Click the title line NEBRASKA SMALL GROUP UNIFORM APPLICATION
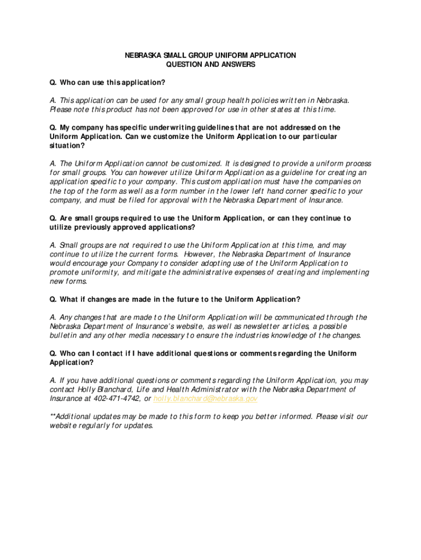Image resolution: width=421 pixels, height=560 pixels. click(210, 55)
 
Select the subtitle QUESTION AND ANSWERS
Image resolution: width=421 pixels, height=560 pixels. click(210, 65)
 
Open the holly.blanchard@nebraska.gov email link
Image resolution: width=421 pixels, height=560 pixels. click(206, 399)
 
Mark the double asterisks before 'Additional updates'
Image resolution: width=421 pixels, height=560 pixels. click(52, 417)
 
